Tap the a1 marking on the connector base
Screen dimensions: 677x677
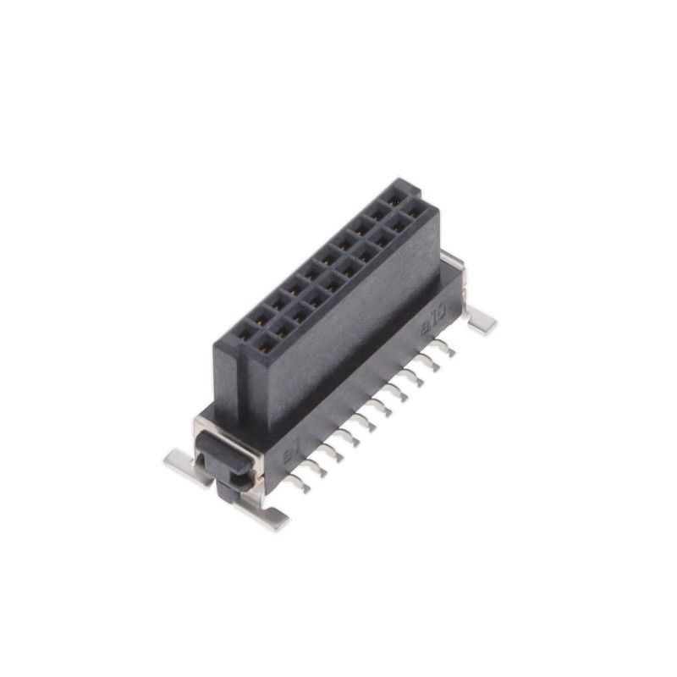tap(290, 457)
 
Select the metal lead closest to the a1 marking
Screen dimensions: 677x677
tap(297, 482)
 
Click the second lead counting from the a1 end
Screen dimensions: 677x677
tap(316, 465)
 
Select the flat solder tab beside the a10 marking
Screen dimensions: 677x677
tap(480, 320)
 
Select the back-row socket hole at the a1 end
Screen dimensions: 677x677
tap(244, 332)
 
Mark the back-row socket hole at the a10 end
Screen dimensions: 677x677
tap(394, 195)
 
